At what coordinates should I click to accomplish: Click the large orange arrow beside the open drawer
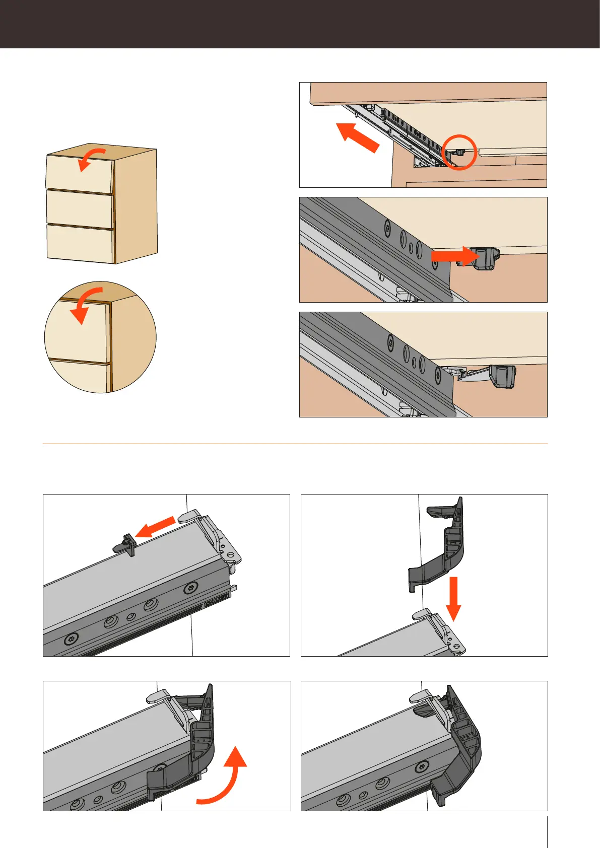[358, 137]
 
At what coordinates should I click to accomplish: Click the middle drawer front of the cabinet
[79, 209]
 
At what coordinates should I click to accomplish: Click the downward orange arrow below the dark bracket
[454, 599]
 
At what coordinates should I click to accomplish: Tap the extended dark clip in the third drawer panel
[501, 377]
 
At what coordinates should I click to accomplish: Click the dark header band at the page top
[300, 24]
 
